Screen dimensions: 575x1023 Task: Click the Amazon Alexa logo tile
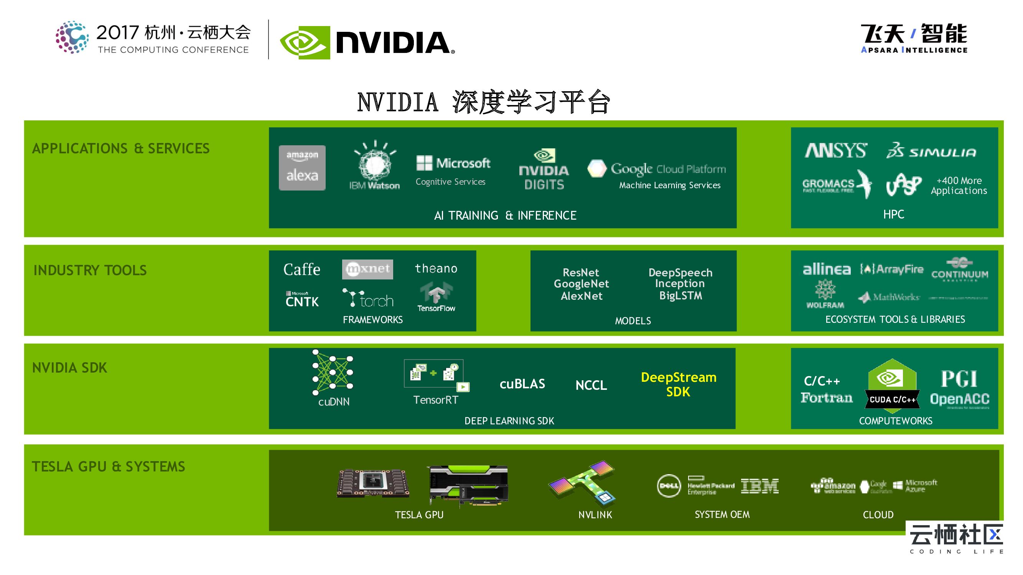pyautogui.click(x=302, y=168)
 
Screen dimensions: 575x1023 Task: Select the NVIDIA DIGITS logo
pyautogui.click(x=544, y=170)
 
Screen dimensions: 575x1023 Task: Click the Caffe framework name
pyautogui.click(x=302, y=269)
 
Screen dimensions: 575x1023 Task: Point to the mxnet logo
pyautogui.click(x=367, y=269)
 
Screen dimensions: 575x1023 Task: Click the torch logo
pyautogui.click(x=368, y=298)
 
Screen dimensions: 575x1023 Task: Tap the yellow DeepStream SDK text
pyautogui.click(x=678, y=384)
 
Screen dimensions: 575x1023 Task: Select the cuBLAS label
pyautogui.click(x=522, y=384)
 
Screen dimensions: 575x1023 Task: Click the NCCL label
pyautogui.click(x=591, y=385)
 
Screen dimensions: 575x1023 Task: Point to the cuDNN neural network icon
pyautogui.click(x=333, y=372)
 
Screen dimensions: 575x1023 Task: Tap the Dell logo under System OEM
pyautogui.click(x=669, y=485)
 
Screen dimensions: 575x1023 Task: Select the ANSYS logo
pyautogui.click(x=836, y=150)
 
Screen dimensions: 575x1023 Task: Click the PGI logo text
pyautogui.click(x=959, y=379)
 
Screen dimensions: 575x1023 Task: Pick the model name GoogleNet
pyautogui.click(x=581, y=284)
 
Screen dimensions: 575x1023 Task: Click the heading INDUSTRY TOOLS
pyautogui.click(x=90, y=270)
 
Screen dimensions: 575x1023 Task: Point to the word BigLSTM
pyautogui.click(x=680, y=296)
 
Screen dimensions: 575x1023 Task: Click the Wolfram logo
pyautogui.click(x=825, y=294)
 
